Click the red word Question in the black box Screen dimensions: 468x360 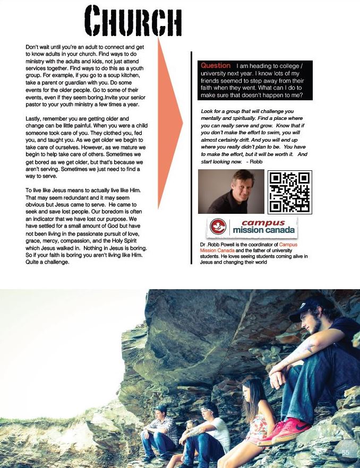click(216, 66)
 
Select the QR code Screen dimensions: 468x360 click(290, 192)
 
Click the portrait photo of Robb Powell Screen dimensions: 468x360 click(229, 192)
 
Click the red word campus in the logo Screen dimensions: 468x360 click(262, 224)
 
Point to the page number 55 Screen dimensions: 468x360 click(345, 452)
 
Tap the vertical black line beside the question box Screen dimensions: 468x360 click(191, 159)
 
